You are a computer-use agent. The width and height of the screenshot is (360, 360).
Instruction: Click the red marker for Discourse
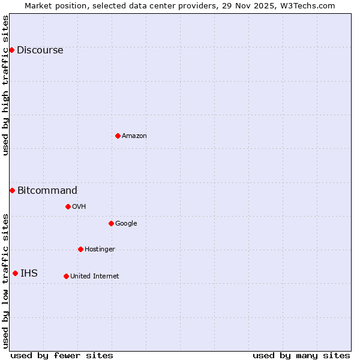pos(11,50)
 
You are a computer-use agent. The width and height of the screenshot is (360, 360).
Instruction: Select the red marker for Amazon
pos(118,136)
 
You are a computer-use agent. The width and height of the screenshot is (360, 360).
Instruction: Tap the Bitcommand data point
pos(12,190)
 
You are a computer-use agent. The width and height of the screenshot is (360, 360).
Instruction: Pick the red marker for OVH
pos(68,206)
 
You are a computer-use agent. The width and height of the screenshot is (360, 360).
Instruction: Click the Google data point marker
pos(111,223)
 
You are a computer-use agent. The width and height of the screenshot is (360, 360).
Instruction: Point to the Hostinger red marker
pos(80,249)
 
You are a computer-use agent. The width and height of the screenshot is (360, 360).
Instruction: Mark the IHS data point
pos(15,273)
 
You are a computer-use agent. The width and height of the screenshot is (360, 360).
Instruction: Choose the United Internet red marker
pos(66,276)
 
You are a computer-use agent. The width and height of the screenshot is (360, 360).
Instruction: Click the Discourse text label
pos(40,50)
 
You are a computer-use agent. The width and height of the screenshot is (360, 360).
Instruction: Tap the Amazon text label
pos(134,136)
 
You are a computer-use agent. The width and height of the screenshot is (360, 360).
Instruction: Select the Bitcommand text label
pos(47,191)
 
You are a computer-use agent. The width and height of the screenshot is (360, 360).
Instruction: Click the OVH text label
pos(79,207)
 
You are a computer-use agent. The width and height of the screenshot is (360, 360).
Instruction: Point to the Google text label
pos(126,224)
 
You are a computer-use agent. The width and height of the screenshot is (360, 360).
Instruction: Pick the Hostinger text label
pos(100,250)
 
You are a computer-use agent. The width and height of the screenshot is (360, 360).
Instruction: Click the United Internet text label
pos(94,277)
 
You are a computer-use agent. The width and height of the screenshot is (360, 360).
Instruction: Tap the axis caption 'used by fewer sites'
pos(62,355)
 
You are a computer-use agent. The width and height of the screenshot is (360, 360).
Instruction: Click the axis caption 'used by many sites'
pos(301,355)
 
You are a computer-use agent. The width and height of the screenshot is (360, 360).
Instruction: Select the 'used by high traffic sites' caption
pos(6,85)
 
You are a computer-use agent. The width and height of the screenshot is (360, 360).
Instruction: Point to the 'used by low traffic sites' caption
pos(6,281)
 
